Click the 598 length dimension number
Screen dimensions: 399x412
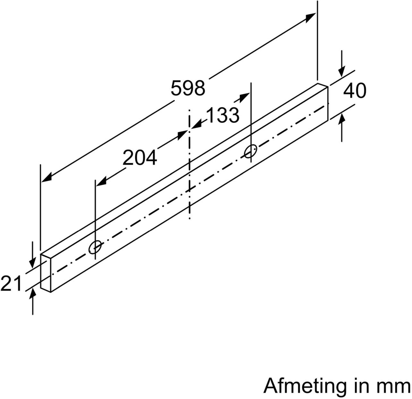(188, 88)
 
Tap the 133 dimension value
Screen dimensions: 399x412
(223, 115)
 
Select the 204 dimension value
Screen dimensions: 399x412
(140, 158)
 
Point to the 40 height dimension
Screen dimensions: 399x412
(355, 91)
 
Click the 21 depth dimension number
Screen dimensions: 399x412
(11, 284)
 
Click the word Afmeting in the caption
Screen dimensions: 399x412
(305, 386)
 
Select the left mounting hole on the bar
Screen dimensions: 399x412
(95, 247)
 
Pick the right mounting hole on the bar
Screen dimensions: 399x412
(250, 151)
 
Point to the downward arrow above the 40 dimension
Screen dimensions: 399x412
(342, 71)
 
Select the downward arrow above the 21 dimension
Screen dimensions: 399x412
(32, 263)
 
